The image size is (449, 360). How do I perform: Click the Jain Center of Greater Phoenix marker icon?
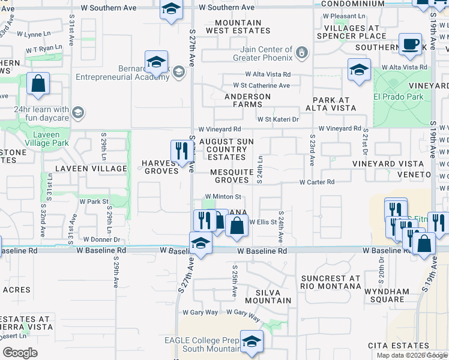(302, 55)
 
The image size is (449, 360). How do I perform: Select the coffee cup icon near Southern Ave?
(410, 44)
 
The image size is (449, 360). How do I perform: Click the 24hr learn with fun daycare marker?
(77, 113)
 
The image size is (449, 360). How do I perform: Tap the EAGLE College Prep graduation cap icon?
(252, 341)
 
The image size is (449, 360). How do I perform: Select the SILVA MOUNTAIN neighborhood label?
(268, 296)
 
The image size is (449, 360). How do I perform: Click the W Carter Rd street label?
(316, 182)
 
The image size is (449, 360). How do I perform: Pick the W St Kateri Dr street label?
(278, 119)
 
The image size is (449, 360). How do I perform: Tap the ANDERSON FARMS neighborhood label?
(248, 100)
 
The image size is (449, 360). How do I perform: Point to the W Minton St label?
(223, 196)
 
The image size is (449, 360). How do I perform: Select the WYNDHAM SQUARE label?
(390, 296)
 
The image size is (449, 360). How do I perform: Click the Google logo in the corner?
(20, 352)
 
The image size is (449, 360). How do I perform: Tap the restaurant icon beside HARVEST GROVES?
(180, 151)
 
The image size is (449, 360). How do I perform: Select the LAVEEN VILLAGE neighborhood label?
(91, 169)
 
